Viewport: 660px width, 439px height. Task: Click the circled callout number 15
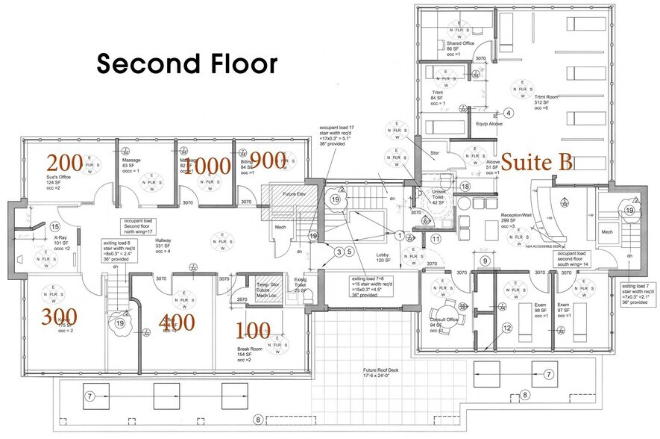click(54, 227)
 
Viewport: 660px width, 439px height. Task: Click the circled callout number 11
click(436, 239)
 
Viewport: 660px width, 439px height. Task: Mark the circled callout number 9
click(485, 261)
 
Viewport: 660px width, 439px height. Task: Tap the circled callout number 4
click(508, 113)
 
